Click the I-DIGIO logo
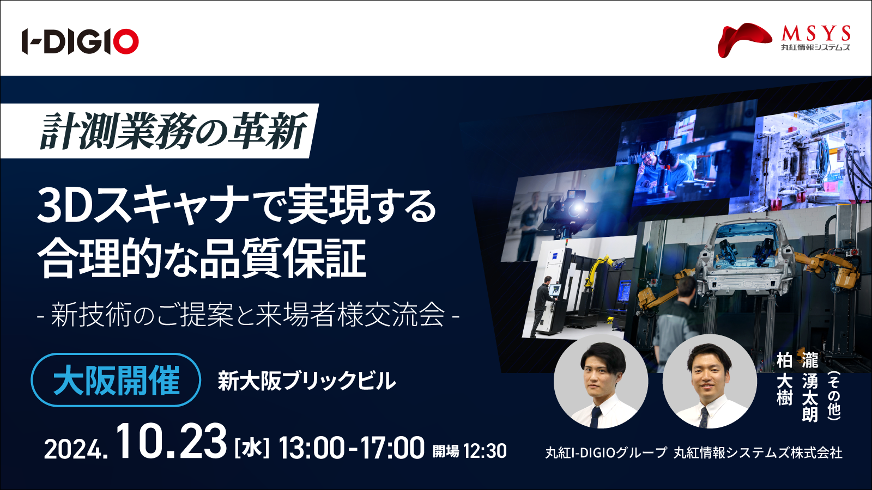[80, 41]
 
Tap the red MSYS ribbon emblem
[744, 40]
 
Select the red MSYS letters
[815, 34]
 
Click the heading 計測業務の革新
[173, 131]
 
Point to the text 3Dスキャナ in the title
[142, 206]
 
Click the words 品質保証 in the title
[283, 258]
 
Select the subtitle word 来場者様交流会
[350, 315]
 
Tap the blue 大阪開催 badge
[116, 380]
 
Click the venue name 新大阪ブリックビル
[307, 381]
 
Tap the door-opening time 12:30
[485, 451]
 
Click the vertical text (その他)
[834, 395]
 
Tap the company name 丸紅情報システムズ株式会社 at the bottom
[758, 452]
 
